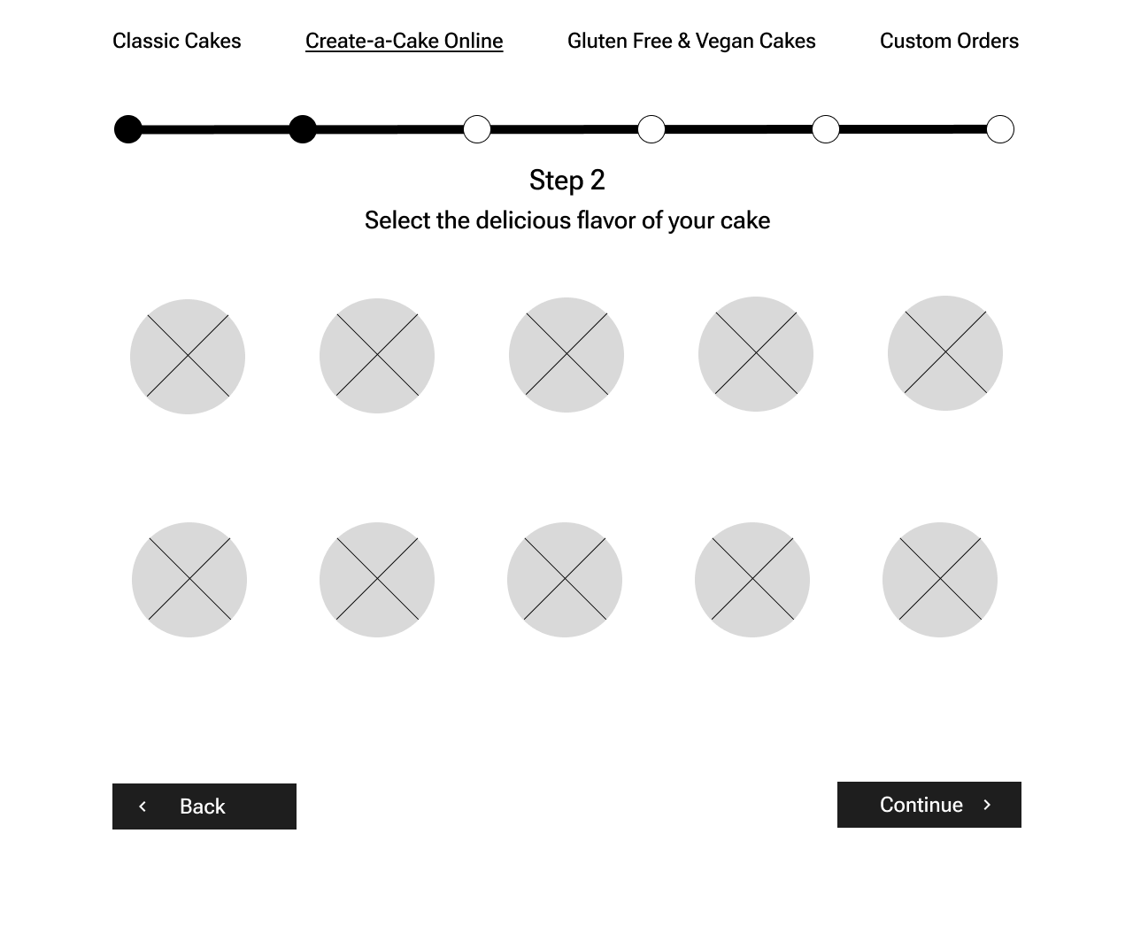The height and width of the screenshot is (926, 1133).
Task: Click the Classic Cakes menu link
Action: pos(176,41)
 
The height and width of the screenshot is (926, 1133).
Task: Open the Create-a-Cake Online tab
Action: pos(404,41)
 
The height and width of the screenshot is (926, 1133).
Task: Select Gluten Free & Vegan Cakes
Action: pos(691,41)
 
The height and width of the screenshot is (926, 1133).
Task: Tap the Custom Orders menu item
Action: pos(949,41)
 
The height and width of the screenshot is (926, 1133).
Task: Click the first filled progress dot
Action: pos(127,129)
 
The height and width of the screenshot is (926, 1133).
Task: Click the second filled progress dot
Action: pos(303,129)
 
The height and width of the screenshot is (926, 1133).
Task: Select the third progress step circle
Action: pos(477,129)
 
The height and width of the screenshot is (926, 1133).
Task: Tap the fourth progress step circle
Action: pos(651,129)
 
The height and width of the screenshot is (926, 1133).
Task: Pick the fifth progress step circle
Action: pos(826,129)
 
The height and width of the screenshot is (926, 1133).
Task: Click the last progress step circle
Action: pos(1000,129)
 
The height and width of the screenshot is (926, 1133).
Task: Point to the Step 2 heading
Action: pos(567,180)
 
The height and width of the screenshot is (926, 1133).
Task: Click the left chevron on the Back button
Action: pos(143,806)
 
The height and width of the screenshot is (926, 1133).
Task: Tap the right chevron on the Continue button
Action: pos(987,805)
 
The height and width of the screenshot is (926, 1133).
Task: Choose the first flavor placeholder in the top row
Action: pos(188,356)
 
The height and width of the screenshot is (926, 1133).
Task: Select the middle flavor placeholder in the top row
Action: pos(566,355)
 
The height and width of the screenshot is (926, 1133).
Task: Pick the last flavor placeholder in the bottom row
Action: pos(940,579)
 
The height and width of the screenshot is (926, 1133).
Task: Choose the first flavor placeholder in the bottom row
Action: pos(189,579)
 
